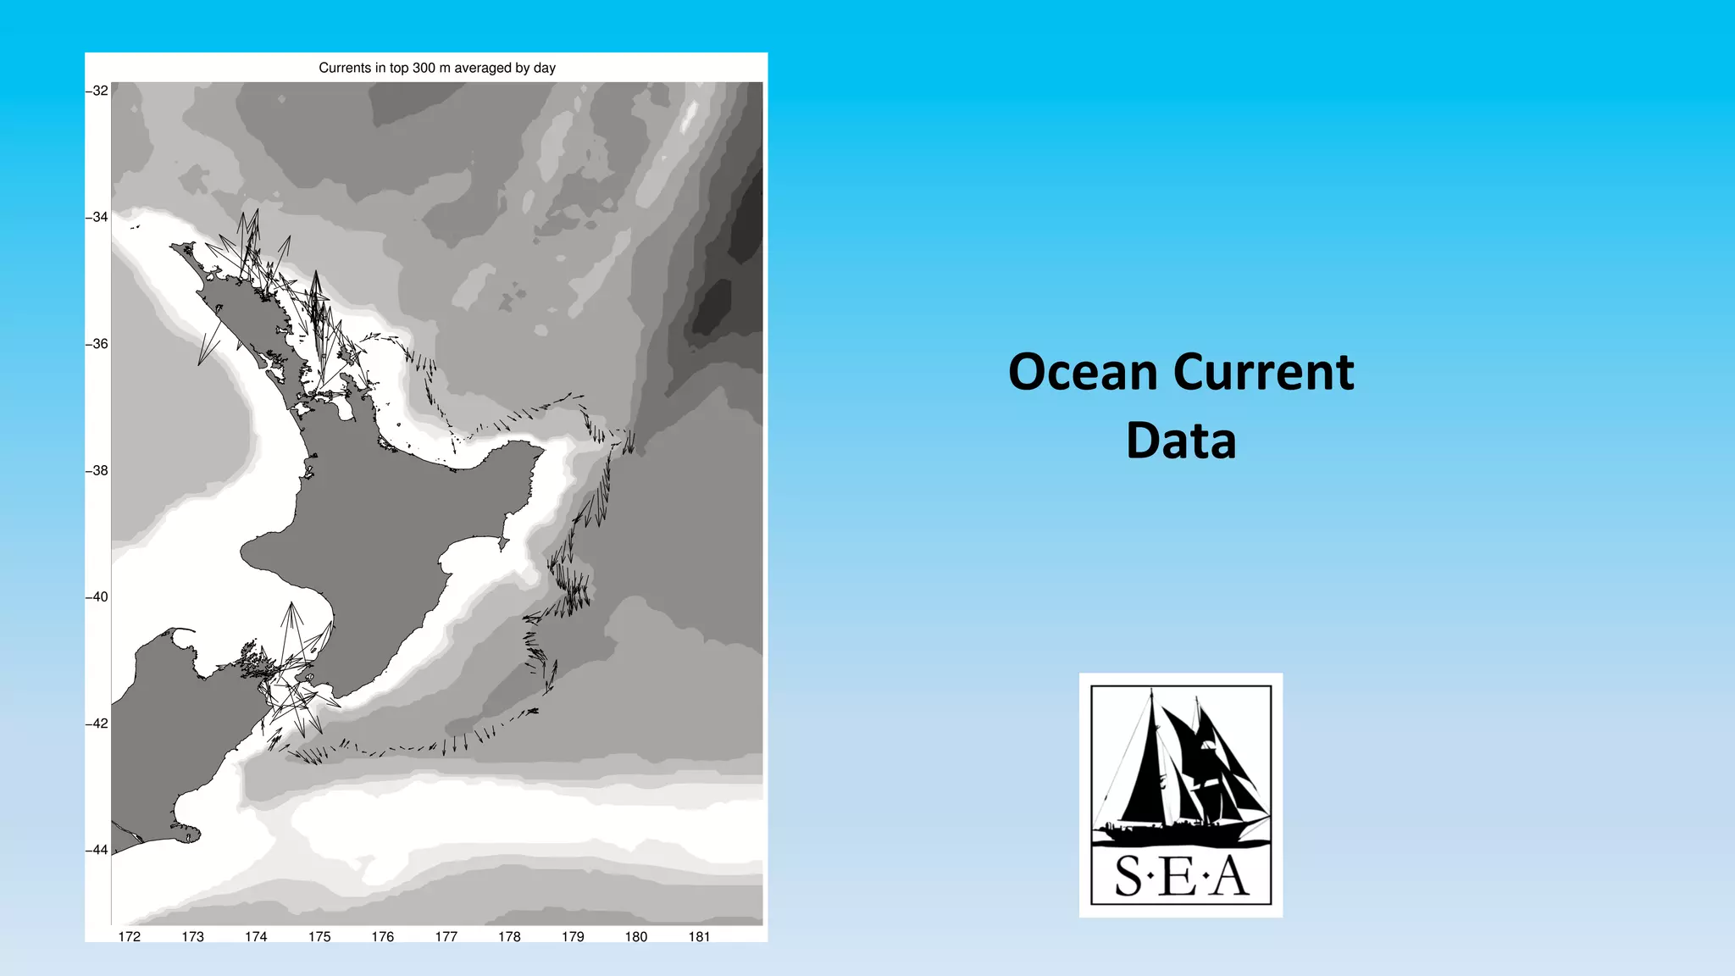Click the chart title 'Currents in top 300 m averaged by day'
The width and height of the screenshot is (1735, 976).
coord(437,68)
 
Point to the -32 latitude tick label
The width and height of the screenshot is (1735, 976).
coord(97,91)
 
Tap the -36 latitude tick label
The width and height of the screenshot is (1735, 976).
coord(97,344)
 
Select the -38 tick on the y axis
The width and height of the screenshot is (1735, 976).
coord(97,470)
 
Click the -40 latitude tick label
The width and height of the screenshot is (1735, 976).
coord(97,596)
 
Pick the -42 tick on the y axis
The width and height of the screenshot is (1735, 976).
coord(97,724)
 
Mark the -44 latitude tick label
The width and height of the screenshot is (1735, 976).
coord(97,850)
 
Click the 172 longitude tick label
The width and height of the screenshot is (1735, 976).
coord(130,936)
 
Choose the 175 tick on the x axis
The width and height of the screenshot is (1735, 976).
coord(319,936)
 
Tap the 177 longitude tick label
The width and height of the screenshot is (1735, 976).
coord(446,936)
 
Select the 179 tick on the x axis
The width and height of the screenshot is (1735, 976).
coord(573,936)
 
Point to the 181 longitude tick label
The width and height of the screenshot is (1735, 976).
coord(699,936)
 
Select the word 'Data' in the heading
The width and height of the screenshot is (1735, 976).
coord(1181,441)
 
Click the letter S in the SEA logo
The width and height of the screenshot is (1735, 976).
coord(1128,877)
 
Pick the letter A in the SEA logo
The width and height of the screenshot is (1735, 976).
coord(1230,877)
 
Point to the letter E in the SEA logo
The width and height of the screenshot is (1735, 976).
coord(1179,877)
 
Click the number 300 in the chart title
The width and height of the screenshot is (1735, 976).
coord(424,68)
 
